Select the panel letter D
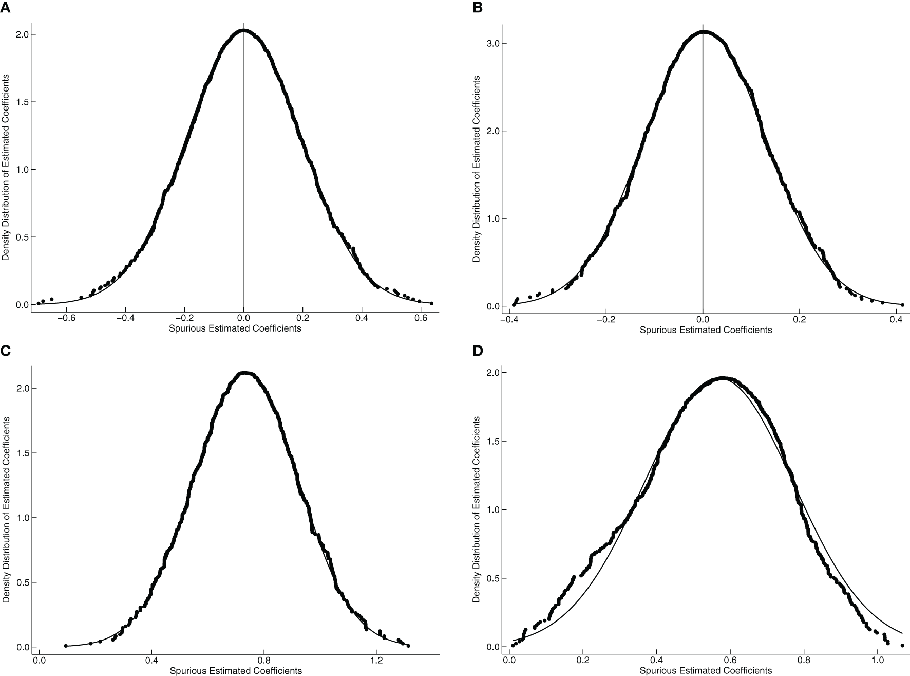[476, 351]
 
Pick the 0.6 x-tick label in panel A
[421, 318]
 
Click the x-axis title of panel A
[235, 328]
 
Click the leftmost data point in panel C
[66, 646]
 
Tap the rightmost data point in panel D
[902, 645]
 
